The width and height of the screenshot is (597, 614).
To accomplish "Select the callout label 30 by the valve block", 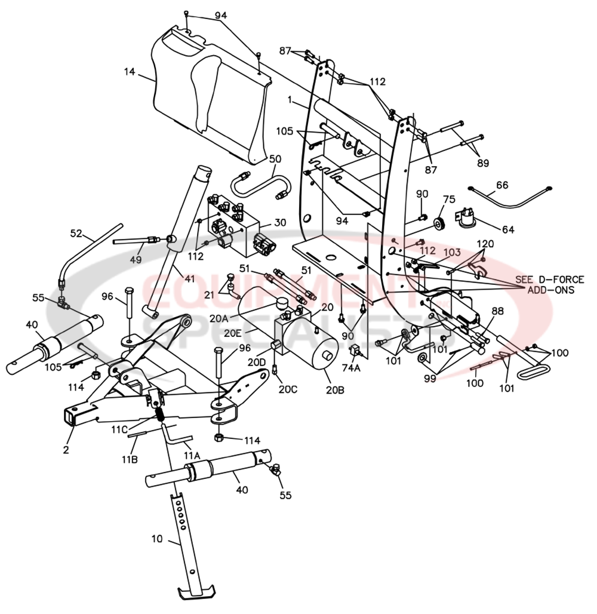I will (280, 222).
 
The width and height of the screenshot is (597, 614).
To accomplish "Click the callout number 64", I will (508, 229).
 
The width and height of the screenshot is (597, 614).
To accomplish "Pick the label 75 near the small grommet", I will (449, 199).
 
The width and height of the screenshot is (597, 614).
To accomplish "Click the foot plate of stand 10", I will (197, 592).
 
